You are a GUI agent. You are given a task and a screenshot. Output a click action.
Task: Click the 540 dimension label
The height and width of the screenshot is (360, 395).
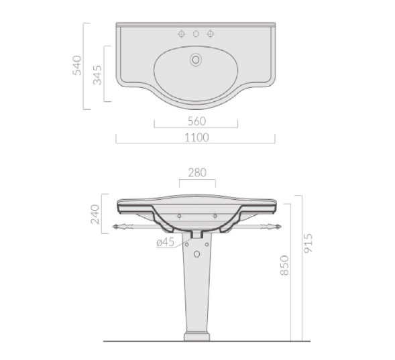[77, 66]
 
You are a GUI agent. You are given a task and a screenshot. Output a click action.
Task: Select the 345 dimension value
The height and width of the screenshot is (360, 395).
[97, 75]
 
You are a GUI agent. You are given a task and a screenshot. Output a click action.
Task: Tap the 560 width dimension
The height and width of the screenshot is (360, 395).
[196, 121]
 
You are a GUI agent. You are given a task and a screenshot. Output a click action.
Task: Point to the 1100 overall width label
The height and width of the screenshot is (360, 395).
[196, 137]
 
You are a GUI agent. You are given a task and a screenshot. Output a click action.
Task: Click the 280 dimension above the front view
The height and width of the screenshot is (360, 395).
[197, 173]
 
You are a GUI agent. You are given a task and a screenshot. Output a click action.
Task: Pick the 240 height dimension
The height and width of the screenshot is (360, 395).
[95, 215]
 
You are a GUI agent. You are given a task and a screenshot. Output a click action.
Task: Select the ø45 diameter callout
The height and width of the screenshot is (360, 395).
[165, 242]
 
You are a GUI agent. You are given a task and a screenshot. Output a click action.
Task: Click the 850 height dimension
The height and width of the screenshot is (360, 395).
[284, 265]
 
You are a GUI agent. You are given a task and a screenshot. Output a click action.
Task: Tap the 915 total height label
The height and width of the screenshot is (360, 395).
[308, 243]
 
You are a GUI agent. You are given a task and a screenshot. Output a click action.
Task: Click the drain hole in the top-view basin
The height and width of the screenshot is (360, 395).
[196, 60]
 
